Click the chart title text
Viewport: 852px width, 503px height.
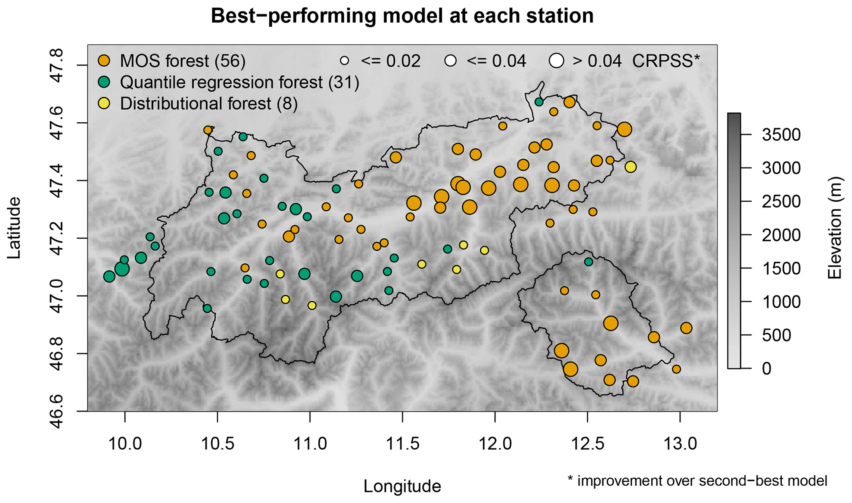402,16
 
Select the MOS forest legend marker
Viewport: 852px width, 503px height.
104,61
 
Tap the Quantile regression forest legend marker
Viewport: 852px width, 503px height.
104,82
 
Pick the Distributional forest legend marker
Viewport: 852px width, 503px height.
104,104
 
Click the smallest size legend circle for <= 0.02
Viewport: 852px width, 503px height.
345,61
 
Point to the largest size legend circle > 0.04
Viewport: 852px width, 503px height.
556,61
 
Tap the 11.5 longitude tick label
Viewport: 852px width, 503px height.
402,444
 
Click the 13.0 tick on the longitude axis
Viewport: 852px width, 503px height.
680,444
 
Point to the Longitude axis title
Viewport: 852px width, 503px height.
402,487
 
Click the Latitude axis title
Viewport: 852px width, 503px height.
14,228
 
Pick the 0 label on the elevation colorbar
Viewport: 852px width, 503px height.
766,369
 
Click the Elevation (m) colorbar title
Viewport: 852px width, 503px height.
835,228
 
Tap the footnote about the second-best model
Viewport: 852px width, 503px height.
697,480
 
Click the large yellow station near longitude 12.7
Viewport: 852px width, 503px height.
630,167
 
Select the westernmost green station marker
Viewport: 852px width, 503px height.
109,277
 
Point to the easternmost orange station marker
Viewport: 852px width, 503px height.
686,328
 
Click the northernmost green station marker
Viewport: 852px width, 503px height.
539,102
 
